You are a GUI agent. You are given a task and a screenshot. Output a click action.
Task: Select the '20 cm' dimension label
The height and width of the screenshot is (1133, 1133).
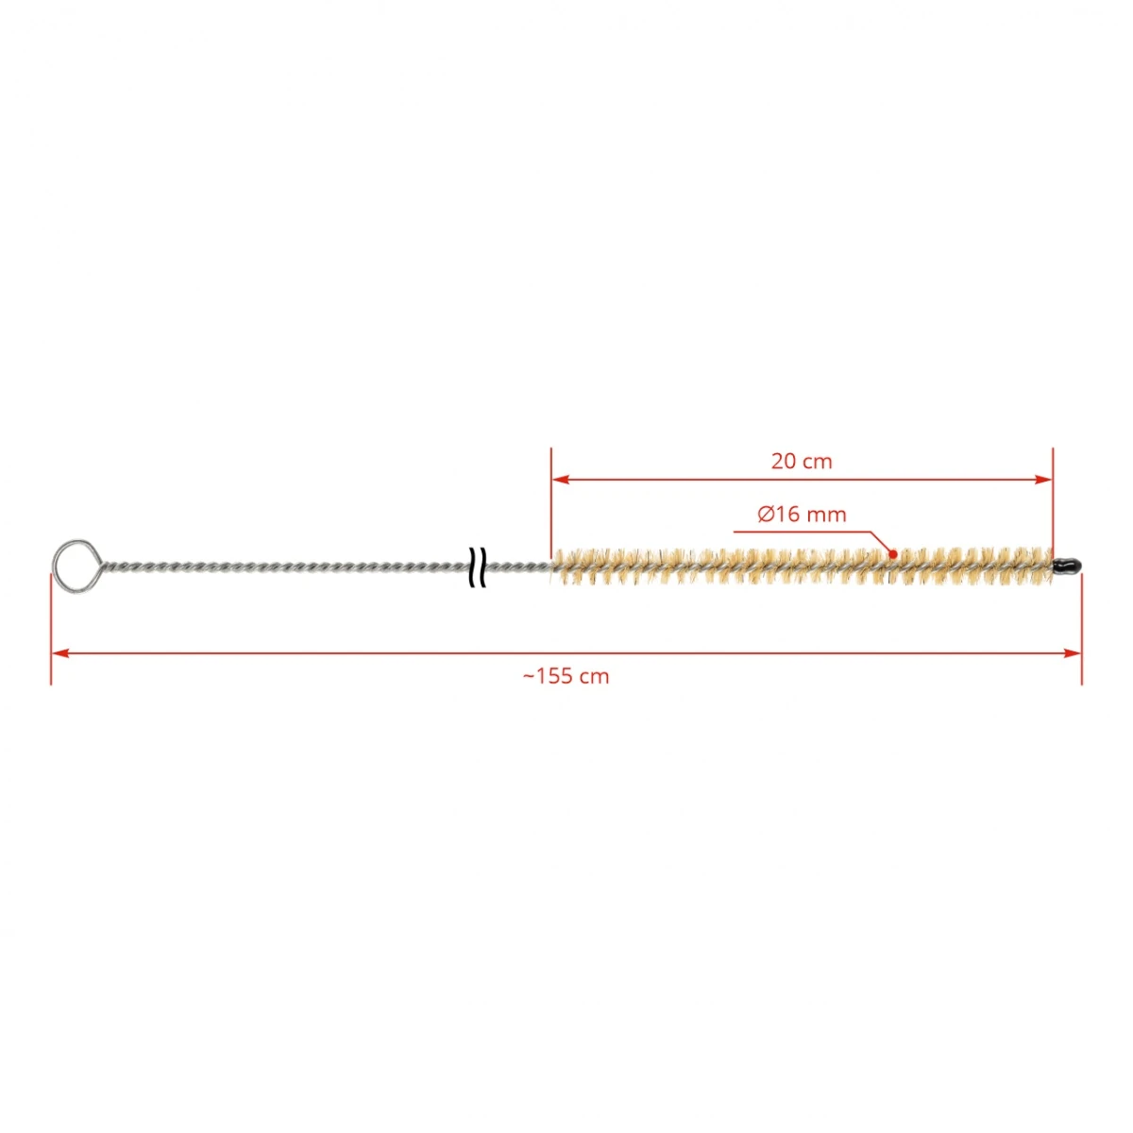(x=802, y=462)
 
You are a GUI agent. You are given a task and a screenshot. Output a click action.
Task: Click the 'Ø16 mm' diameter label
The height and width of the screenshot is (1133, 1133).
(x=802, y=515)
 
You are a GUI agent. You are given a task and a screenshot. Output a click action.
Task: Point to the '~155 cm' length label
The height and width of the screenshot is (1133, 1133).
(x=566, y=676)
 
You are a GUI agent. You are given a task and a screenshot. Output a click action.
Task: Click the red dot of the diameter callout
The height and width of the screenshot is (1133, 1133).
(x=892, y=554)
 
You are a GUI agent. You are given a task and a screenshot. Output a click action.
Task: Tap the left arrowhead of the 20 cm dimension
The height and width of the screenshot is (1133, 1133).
(x=560, y=480)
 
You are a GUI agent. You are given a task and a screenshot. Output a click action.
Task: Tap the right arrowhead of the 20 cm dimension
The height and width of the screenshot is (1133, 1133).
(x=1044, y=480)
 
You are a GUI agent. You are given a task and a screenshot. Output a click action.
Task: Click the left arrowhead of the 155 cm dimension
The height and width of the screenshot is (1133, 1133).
(x=60, y=652)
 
